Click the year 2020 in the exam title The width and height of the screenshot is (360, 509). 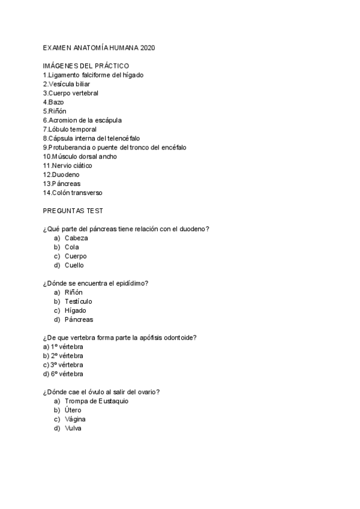pos(146,47)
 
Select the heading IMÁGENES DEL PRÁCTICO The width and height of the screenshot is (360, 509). pos(86,65)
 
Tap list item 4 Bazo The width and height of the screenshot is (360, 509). pos(53,102)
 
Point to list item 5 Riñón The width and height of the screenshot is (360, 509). pos(55,111)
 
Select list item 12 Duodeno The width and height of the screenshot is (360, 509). pos(61,174)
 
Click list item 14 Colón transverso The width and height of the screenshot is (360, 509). pos(73,192)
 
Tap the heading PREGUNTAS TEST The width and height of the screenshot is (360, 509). pos(73,211)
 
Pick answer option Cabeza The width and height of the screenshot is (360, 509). pos(76,238)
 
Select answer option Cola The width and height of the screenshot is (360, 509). pos(72,247)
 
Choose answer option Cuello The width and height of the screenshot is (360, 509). pos(74,265)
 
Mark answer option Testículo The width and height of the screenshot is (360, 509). pos(79,301)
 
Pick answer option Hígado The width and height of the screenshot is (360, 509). pos(76,310)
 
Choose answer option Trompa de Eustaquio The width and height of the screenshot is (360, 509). pos(97,400)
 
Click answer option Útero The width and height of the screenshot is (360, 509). pos(73,410)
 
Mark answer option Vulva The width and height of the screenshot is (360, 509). pos(73,428)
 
